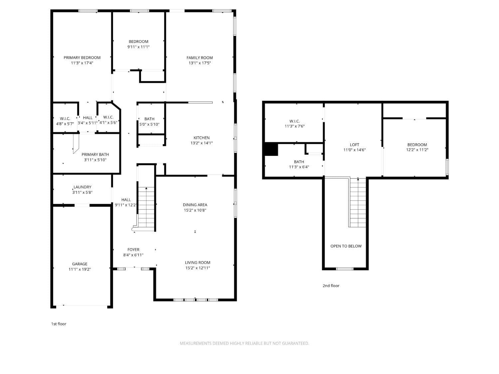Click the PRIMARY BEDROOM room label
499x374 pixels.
click(82, 58)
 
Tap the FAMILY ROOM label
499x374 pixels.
click(200, 58)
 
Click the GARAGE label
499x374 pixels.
click(80, 264)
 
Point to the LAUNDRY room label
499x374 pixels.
click(82, 187)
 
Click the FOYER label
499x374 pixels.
click(133, 250)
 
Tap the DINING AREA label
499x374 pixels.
click(195, 205)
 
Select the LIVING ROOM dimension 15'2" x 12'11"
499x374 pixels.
click(198, 268)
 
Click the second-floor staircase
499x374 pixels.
click(358, 203)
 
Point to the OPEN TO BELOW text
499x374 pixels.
click(346, 246)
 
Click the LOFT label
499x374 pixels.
click(354, 145)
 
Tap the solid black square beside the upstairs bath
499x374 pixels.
click(271, 149)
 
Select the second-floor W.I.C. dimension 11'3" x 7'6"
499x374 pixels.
click(294, 126)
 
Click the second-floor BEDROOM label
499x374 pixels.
click(417, 145)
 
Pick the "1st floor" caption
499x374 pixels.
click(59, 324)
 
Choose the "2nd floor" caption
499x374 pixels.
click(331, 286)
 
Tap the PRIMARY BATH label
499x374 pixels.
click(95, 155)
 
